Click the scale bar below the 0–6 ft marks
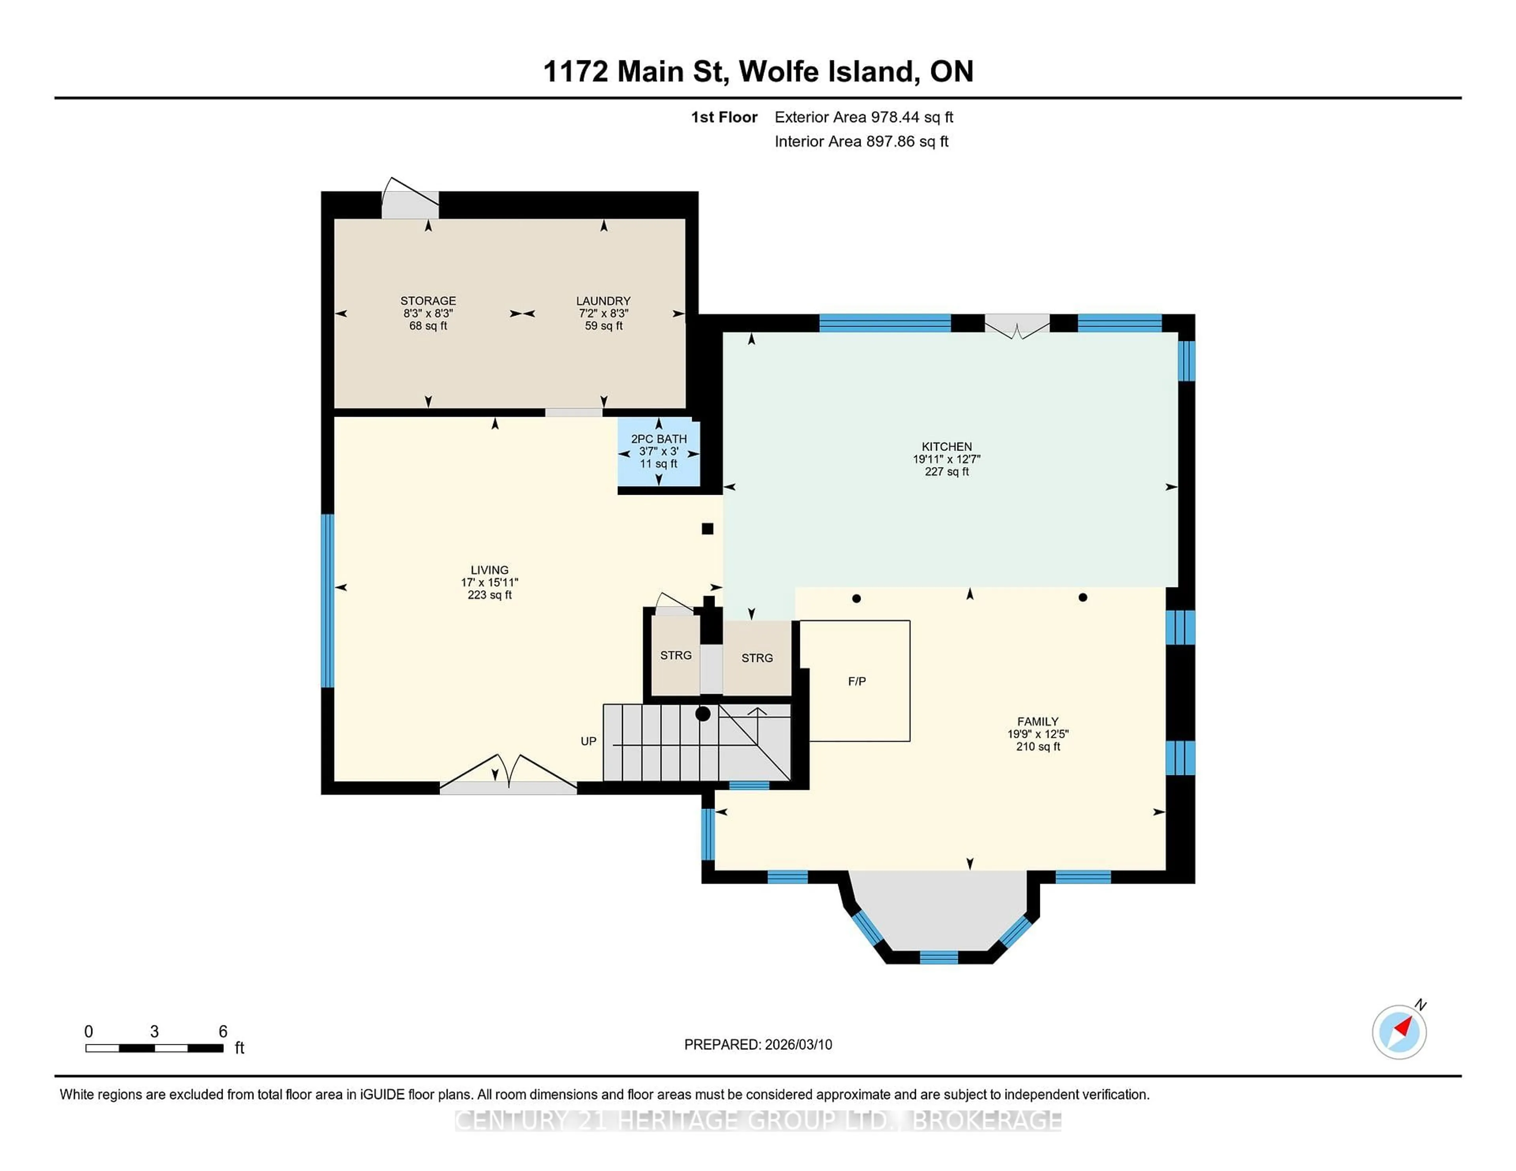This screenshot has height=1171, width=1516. [154, 1048]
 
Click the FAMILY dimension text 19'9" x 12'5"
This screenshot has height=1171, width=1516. [1038, 734]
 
